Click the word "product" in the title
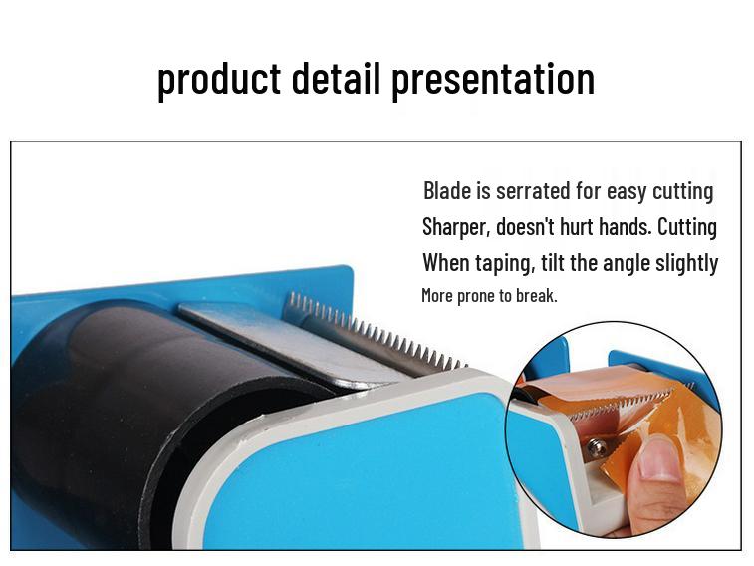[x=218, y=79]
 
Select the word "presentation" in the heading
[x=493, y=79]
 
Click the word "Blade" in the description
[x=447, y=190]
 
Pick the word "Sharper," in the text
[x=455, y=226]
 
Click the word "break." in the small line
[x=536, y=295]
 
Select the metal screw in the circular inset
[x=598, y=448]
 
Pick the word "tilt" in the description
[x=554, y=263]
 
